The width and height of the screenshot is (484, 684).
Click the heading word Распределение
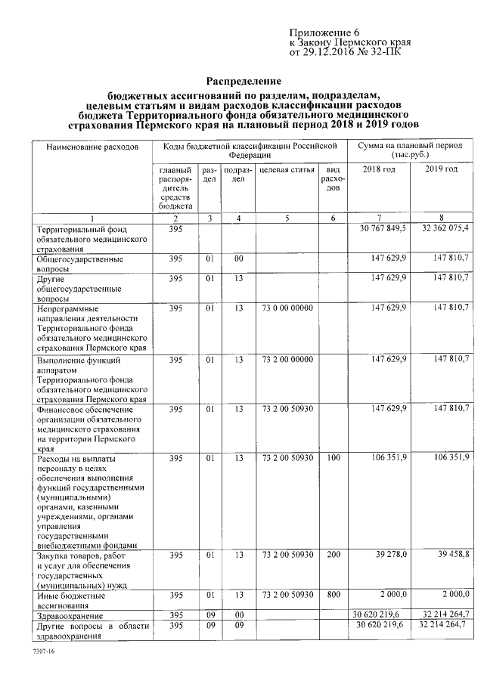(244, 81)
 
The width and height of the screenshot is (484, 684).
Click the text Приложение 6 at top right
(322, 32)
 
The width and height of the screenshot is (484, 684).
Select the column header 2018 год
(379, 169)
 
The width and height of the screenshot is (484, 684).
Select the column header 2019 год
(441, 169)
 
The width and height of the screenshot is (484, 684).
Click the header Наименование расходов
(92, 145)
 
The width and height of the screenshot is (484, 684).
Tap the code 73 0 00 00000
(286, 308)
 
